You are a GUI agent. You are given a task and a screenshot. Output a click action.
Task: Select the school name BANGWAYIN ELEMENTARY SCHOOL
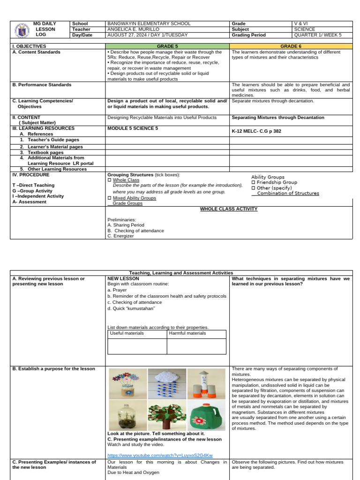coord(149,23)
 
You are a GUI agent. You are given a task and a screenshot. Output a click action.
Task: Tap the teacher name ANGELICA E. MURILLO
coord(133,29)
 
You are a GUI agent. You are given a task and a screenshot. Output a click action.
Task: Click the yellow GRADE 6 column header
coord(291,46)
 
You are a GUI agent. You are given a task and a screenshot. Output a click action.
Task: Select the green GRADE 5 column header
coord(167,46)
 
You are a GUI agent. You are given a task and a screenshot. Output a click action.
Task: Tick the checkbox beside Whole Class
coord(109,180)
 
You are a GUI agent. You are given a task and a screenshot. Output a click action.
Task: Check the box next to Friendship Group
coord(253,182)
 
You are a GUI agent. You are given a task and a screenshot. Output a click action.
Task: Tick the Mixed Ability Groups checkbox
coord(109,198)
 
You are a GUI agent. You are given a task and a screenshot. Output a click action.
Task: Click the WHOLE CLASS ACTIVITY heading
coord(229,209)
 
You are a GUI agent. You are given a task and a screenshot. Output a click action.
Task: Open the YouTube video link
coord(160,455)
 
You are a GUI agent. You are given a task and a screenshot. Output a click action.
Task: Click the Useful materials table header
coord(127,333)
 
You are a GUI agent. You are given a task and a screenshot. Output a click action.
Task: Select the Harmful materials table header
coord(187,333)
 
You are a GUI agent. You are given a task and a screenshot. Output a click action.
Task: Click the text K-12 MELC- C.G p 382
coord(256,131)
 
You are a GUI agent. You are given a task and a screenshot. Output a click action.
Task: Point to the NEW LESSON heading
coord(123,278)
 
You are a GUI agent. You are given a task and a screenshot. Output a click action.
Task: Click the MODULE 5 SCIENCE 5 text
coord(133,128)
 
